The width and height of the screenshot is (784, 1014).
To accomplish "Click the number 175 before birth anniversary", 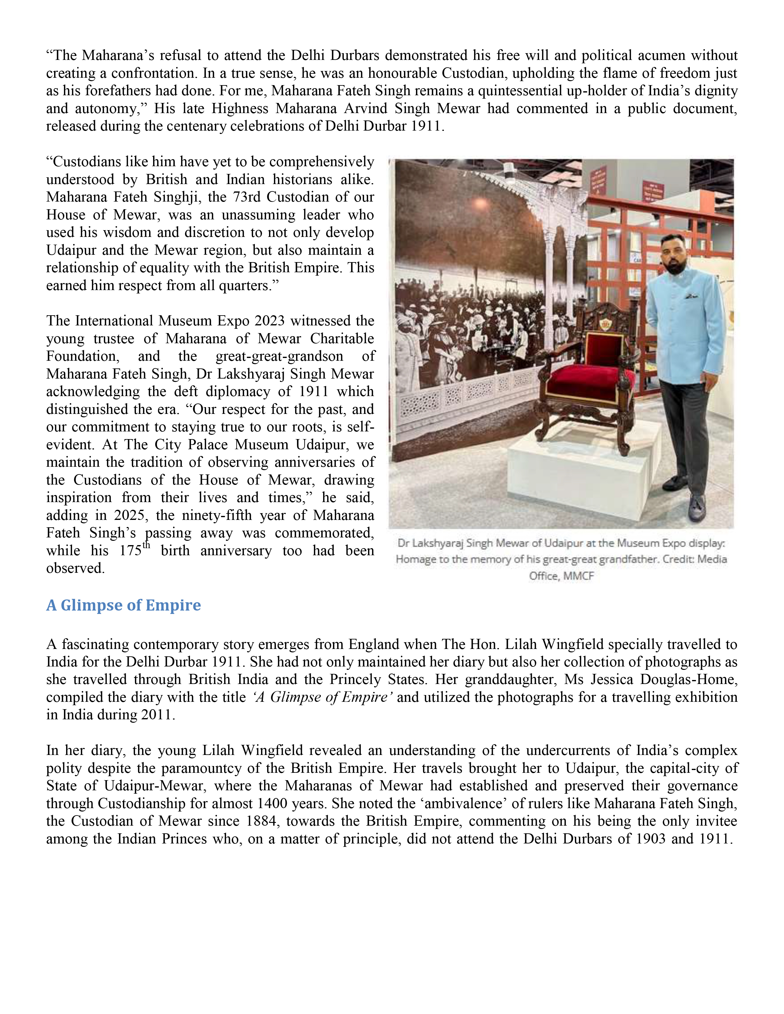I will coord(130,551).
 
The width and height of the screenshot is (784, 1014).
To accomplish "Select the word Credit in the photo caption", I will coord(678,560).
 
